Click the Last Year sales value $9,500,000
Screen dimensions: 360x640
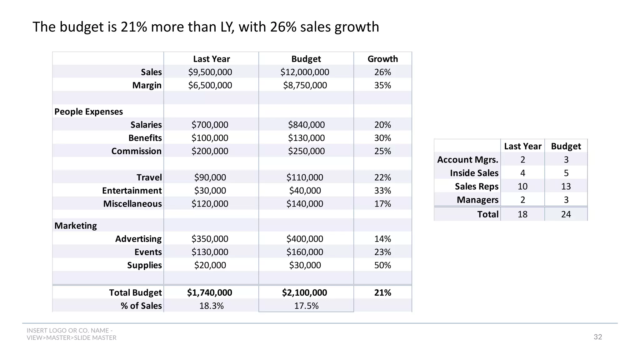[x=210, y=72]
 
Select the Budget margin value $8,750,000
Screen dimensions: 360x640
[x=305, y=85]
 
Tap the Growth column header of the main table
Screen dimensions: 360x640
[x=382, y=59]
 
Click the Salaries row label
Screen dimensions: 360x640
[x=146, y=125]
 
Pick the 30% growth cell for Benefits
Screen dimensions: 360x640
[x=382, y=138]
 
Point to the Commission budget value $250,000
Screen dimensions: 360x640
[x=306, y=151]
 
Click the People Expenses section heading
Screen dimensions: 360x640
[x=88, y=112]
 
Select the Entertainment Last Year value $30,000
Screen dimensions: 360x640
[x=210, y=190]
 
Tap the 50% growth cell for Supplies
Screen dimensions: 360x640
[x=382, y=265]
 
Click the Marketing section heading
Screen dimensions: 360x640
[x=76, y=226]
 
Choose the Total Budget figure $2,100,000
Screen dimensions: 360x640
[x=304, y=292]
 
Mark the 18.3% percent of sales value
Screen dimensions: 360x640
[x=212, y=306]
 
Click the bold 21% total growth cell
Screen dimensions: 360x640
[x=382, y=292]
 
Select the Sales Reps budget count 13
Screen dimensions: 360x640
[x=566, y=187]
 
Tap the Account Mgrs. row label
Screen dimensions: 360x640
[x=467, y=160]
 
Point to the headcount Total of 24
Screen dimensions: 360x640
[x=566, y=214]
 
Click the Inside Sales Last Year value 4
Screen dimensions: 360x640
[x=522, y=173]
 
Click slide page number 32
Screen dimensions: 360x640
[x=597, y=337]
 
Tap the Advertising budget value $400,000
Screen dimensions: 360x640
[x=305, y=239]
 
